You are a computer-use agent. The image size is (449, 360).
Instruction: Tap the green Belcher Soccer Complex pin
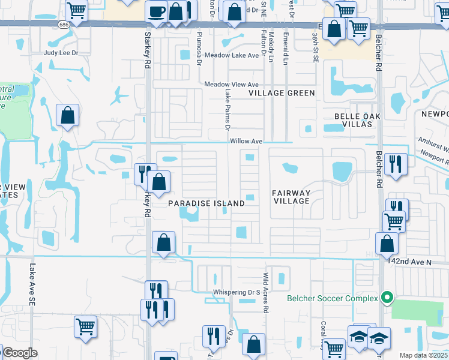[x=387, y=297]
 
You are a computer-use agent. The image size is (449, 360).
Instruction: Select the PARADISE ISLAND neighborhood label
[x=206, y=203]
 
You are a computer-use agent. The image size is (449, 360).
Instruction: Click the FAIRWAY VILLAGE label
[x=292, y=197]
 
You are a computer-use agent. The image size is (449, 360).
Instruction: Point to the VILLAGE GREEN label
[x=282, y=93]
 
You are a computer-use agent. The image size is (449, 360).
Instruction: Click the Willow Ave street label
[x=246, y=141]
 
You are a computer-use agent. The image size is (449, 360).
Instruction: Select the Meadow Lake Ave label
[x=232, y=55]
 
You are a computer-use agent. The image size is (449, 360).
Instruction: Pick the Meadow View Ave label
[x=231, y=85]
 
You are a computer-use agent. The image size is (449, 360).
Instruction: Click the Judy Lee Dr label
[x=61, y=53]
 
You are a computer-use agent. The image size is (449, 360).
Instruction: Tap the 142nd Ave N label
[x=410, y=263]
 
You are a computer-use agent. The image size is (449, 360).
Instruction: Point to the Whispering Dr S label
[x=236, y=292]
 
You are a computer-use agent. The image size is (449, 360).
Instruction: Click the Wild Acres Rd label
[x=265, y=293]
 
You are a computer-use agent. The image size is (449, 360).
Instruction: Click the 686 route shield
[x=64, y=25]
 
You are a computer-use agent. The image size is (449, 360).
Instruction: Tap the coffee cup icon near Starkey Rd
[x=156, y=11]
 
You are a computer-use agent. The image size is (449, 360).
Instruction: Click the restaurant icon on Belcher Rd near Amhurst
[x=396, y=164]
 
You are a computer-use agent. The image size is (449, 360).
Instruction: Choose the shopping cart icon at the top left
[x=76, y=10]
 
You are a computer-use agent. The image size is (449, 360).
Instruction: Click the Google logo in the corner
[x=19, y=353]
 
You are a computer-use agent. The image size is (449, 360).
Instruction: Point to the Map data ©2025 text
[x=423, y=355]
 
